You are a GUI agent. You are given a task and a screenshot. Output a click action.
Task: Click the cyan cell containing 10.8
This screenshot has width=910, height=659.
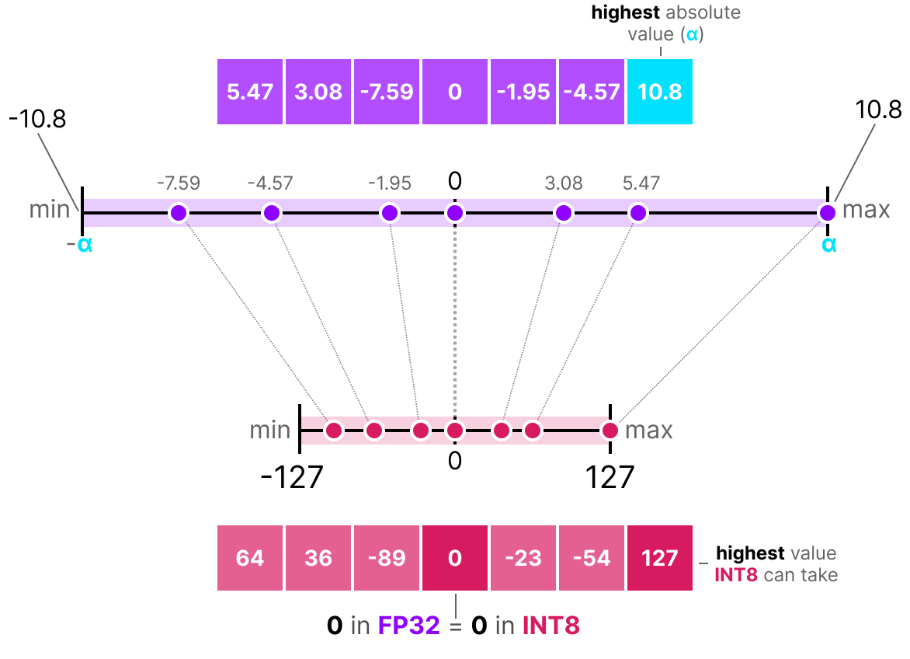(x=659, y=92)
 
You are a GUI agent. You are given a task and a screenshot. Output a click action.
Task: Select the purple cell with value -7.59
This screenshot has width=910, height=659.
(x=386, y=92)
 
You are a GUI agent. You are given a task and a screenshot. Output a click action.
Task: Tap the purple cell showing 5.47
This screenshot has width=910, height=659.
(x=249, y=92)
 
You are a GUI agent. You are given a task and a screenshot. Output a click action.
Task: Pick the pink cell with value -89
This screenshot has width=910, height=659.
(x=386, y=558)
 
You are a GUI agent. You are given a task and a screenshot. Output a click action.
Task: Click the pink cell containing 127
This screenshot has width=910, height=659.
(x=659, y=558)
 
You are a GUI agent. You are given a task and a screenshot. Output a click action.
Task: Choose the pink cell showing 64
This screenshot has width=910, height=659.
(x=249, y=558)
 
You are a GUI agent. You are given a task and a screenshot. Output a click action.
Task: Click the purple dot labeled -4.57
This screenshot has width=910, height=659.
(x=270, y=212)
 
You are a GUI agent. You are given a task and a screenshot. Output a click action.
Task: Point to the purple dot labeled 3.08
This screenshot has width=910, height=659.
(x=563, y=212)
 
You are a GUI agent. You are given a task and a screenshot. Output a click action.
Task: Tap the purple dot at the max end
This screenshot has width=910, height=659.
(x=827, y=212)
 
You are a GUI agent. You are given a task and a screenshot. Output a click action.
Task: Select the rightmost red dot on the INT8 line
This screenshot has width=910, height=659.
(x=610, y=430)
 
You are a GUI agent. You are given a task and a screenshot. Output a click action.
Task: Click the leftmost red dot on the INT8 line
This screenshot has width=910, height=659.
(x=334, y=430)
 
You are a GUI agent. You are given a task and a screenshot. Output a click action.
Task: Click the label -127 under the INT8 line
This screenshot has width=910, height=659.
(x=291, y=477)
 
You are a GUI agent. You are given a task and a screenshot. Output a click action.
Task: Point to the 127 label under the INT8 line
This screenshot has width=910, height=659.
(x=610, y=477)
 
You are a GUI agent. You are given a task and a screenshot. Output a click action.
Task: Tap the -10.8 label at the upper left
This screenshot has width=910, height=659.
(x=37, y=120)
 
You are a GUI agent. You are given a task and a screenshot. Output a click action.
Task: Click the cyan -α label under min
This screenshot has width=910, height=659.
(x=79, y=246)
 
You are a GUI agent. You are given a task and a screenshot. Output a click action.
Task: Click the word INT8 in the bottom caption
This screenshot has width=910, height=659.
(x=551, y=626)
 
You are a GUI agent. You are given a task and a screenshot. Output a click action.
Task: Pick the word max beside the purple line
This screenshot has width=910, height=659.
(x=866, y=210)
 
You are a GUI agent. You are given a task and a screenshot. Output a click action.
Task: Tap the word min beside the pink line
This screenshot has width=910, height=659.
(x=270, y=430)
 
